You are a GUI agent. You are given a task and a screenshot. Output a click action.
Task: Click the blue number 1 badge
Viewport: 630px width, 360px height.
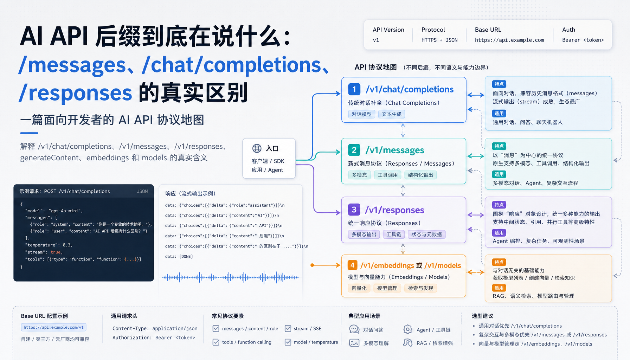(354, 89)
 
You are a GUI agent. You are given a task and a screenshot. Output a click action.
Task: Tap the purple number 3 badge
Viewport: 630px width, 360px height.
(354, 210)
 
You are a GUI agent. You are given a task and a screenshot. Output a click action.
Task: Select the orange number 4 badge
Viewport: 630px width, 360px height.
(353, 265)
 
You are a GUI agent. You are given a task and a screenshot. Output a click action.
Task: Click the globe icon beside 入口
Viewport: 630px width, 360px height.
(257, 148)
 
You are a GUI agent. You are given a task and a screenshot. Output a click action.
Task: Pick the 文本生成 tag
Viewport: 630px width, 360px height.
(392, 114)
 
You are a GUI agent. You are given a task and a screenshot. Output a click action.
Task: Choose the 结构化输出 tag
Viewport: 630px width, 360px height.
(420, 175)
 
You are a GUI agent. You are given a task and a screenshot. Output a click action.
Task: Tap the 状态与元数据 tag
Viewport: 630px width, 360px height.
(427, 234)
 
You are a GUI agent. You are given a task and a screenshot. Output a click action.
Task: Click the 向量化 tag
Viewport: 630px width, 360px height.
(359, 288)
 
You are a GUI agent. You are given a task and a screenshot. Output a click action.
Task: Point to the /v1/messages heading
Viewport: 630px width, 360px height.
(395, 150)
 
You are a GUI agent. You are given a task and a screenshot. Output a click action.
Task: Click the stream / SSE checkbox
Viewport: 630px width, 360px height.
(288, 328)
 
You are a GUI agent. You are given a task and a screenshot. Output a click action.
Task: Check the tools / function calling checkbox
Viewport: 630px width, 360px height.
(216, 342)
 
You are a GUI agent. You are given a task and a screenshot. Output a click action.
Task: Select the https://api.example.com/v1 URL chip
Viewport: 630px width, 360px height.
(53, 327)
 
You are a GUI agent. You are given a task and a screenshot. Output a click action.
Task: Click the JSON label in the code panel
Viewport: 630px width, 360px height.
(142, 191)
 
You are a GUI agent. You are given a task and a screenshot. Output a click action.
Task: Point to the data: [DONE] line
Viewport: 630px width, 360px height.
(179, 257)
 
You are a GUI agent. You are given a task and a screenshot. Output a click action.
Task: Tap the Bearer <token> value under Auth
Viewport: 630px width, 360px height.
(583, 40)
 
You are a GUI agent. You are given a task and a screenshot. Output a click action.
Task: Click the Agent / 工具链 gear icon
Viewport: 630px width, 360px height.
(408, 329)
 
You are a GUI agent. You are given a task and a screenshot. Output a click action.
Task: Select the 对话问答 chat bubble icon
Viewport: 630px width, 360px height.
(354, 329)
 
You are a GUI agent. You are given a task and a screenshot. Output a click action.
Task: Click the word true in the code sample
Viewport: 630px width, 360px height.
(56, 252)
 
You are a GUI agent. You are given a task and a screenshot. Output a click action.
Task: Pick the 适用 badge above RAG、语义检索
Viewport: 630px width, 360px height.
(499, 288)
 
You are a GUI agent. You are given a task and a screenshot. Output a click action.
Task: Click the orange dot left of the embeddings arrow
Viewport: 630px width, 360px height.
(312, 265)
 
